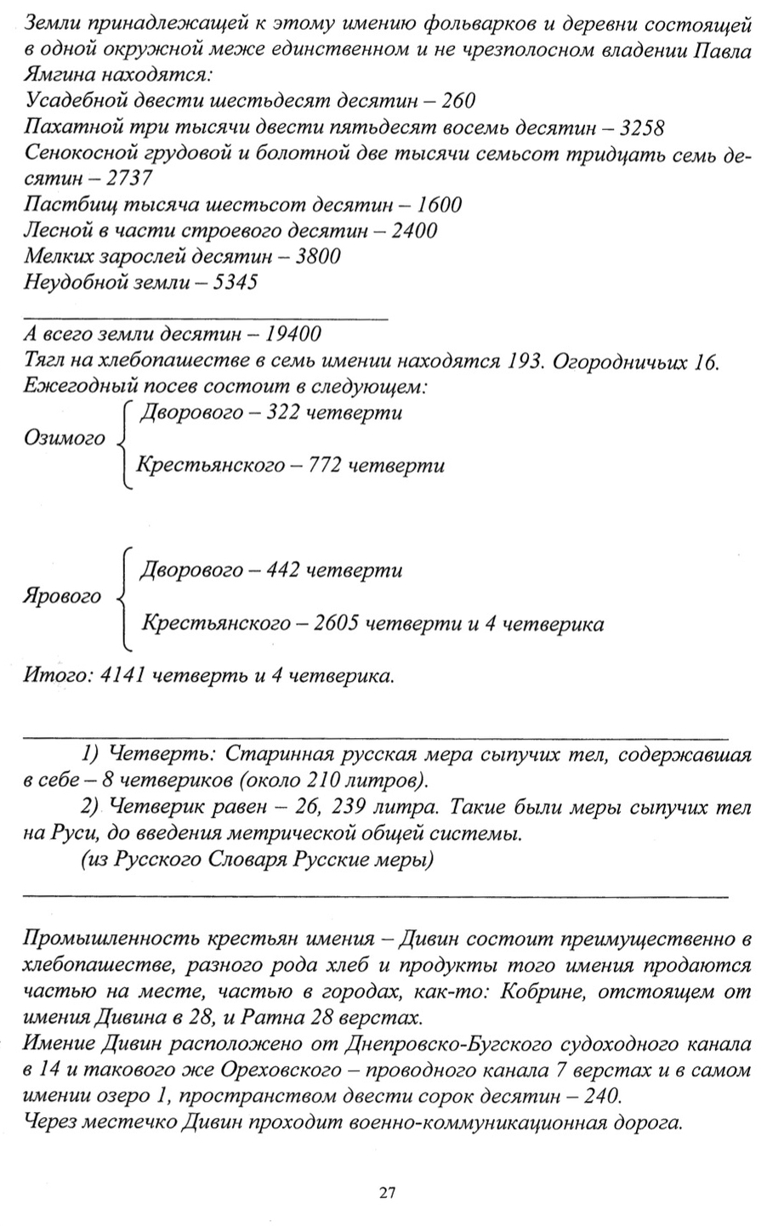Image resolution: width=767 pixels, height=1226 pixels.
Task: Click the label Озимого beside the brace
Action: pyautogui.click(x=64, y=439)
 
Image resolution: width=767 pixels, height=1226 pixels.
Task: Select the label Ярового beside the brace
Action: pyautogui.click(x=62, y=597)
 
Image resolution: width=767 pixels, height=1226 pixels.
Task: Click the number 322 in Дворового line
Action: pyautogui.click(x=285, y=412)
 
